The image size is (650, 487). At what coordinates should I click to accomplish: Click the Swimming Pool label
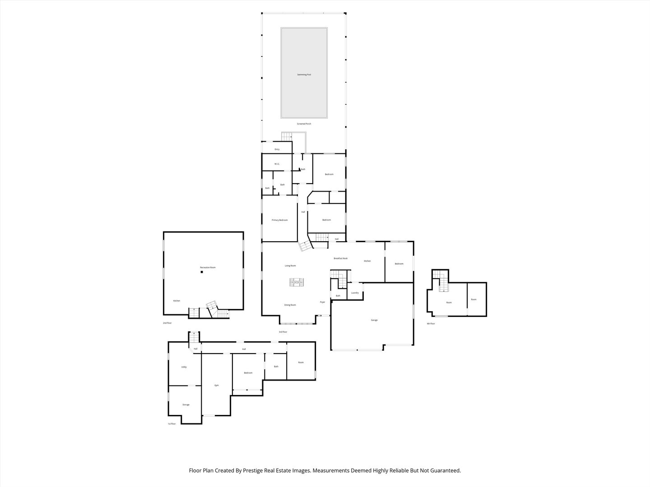304,74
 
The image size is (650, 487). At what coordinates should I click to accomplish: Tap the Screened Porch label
304,124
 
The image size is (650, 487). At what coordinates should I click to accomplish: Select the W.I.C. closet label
277,164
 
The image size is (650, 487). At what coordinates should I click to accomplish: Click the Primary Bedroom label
279,220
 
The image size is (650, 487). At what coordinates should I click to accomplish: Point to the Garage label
374,320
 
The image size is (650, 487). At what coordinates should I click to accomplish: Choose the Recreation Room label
208,267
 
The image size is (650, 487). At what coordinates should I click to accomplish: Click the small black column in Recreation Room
202,272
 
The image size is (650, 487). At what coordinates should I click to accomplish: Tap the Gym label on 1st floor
217,385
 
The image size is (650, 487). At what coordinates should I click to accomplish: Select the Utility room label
184,367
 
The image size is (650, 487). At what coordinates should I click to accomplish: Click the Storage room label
186,404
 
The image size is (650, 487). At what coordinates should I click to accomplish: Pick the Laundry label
355,293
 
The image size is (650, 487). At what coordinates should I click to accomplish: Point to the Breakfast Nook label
340,258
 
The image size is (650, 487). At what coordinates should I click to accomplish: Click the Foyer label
322,302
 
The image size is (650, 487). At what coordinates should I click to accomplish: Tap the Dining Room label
290,305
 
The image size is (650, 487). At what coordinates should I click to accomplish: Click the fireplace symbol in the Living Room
297,283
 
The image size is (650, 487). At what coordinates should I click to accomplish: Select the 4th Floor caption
431,323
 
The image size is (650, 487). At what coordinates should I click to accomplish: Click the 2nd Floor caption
167,323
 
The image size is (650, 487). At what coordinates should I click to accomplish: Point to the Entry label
277,149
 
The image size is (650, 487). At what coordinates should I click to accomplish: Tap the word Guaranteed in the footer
444,470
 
